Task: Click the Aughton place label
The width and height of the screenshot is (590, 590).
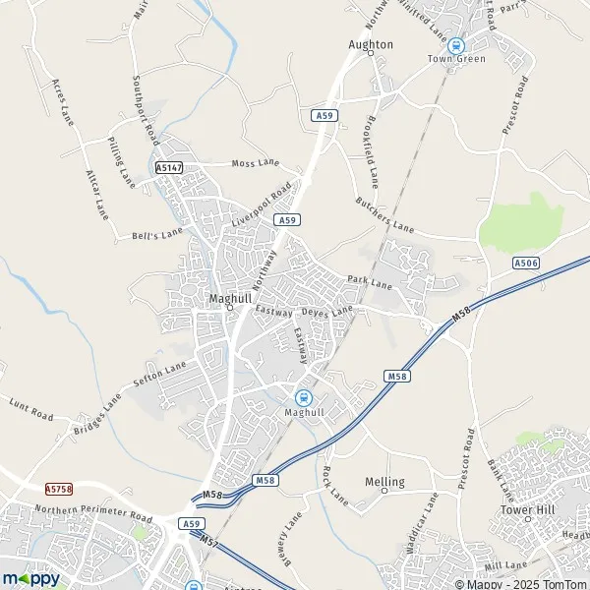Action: pyautogui.click(x=371, y=44)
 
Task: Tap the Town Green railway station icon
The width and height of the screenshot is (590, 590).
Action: pyautogui.click(x=455, y=44)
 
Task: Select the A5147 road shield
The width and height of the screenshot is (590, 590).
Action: pyautogui.click(x=169, y=169)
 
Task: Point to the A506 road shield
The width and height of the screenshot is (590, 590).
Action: pyautogui.click(x=527, y=263)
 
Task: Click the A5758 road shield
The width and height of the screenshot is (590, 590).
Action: pyautogui.click(x=59, y=488)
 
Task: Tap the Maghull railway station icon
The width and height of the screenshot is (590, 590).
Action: pyautogui.click(x=304, y=397)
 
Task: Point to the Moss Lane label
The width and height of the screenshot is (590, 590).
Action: pyautogui.click(x=255, y=162)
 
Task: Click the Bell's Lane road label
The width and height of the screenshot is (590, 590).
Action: pyautogui.click(x=157, y=234)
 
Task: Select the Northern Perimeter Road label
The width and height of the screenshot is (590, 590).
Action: pyautogui.click(x=93, y=512)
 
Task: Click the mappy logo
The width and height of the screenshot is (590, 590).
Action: pyautogui.click(x=30, y=578)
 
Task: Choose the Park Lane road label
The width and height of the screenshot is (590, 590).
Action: pyautogui.click(x=369, y=282)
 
